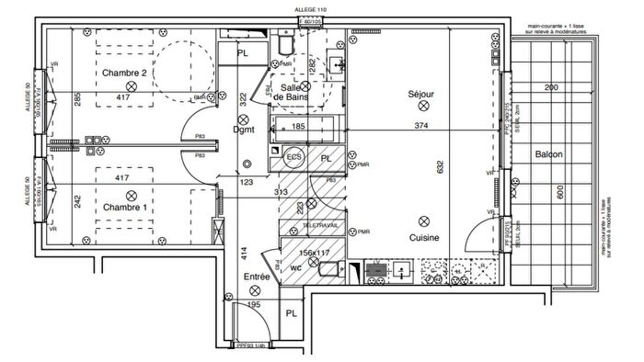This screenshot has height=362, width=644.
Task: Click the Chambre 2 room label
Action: click(124, 73)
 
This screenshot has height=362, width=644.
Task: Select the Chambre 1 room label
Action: click(124, 208)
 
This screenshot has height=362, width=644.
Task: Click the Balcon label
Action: click(549, 154)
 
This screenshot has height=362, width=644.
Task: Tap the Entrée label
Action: click(256, 276)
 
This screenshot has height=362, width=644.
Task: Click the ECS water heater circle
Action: click(294, 157)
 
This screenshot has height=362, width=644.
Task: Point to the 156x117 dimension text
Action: click(315, 253)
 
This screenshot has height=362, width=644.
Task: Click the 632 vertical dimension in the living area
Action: click(440, 166)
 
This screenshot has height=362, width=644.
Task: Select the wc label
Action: click(296, 268)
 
